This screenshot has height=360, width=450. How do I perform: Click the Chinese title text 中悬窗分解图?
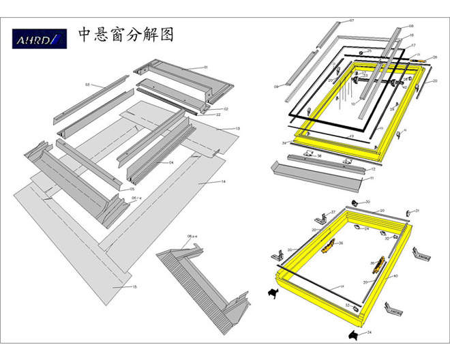[x=126, y=35]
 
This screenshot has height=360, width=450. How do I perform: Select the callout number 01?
[x=204, y=67]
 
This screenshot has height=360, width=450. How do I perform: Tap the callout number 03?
[x=87, y=85]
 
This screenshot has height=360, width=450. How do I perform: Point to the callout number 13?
[x=238, y=129]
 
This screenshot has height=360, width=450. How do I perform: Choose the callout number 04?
[x=171, y=163]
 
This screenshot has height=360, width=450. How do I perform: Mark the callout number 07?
[x=352, y=21]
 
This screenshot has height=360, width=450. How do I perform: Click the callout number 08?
[x=410, y=25]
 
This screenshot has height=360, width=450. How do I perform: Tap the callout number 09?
[x=277, y=87]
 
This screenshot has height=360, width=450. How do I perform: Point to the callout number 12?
[x=372, y=169]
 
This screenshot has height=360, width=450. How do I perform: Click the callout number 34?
[x=369, y=333]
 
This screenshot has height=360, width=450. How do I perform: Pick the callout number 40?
[x=395, y=276]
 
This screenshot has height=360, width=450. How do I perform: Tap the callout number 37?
[x=347, y=305]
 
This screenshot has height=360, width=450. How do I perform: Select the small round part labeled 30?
[x=356, y=202]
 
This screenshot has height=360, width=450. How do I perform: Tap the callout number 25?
[x=369, y=51]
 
